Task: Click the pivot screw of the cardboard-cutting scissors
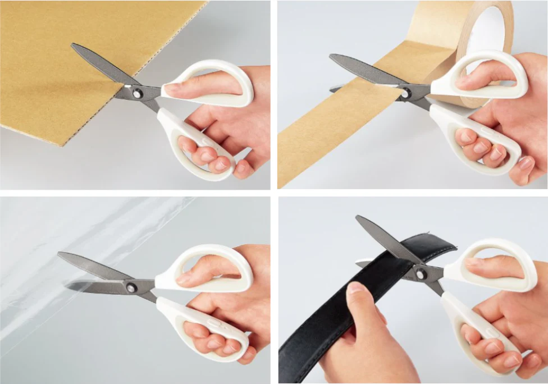point(136,93)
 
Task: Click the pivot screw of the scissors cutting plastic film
point(131,287)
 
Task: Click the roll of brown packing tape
point(483,34)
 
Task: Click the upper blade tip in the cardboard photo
point(74,45)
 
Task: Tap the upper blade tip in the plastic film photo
point(60,255)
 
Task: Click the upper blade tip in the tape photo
point(332,57)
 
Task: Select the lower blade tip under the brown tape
point(332,89)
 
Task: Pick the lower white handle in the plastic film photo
point(202,326)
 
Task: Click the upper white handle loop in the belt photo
point(494,264)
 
